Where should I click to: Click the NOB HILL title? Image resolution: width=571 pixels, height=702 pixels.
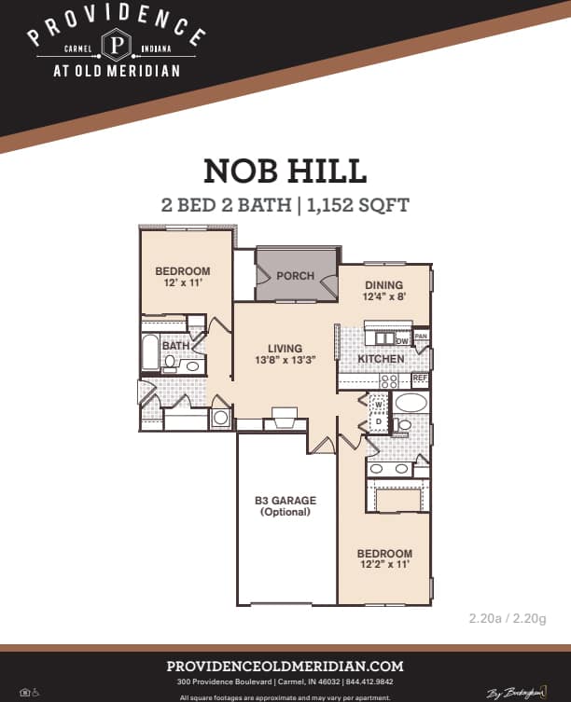tap(285, 172)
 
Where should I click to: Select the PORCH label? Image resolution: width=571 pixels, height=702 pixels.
tap(295, 276)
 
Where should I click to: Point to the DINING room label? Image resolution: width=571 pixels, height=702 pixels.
tap(384, 285)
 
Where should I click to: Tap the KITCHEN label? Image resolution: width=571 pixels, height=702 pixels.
tap(382, 359)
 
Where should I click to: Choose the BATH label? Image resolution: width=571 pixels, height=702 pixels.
tap(176, 346)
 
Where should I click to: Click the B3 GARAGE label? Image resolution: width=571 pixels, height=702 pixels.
tap(285, 501)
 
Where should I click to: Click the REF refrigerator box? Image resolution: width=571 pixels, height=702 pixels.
tap(420, 379)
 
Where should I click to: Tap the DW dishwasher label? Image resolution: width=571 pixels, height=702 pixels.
tap(402, 338)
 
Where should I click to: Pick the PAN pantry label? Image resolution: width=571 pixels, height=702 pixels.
tap(421, 337)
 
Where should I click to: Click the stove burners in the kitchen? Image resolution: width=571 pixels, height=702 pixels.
tap(388, 380)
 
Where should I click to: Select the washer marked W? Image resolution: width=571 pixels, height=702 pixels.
tap(378, 404)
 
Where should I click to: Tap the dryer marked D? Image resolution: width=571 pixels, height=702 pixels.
tap(378, 421)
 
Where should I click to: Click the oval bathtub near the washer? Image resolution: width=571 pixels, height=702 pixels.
tap(411, 403)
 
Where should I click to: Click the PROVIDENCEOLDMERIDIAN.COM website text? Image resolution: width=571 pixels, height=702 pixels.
tap(285, 666)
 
